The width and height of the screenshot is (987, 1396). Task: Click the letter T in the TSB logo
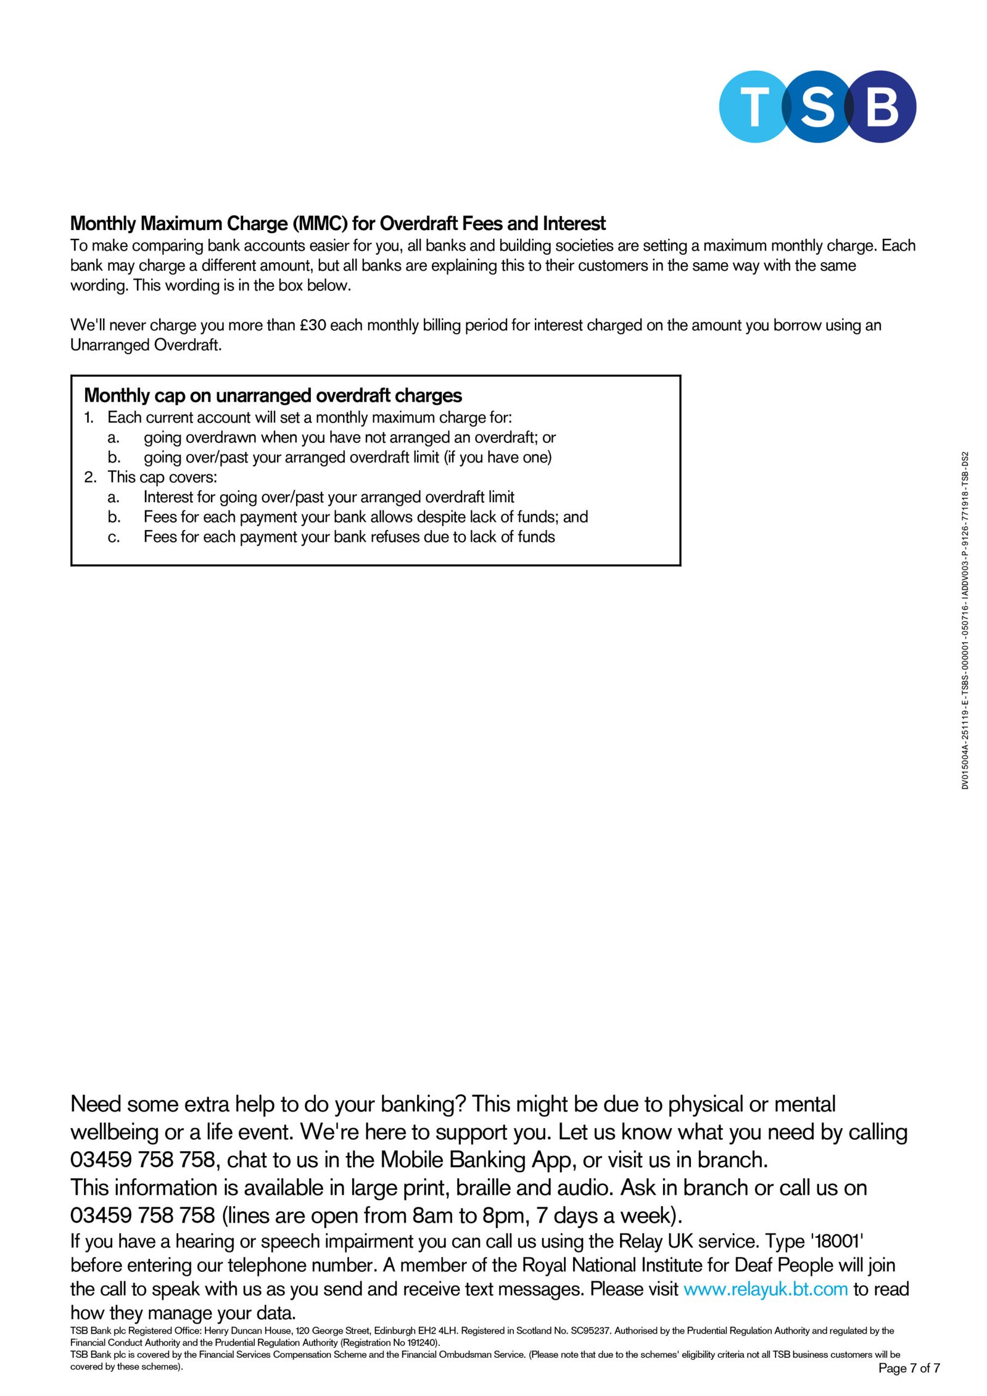[754, 106]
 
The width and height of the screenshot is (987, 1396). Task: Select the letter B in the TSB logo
[882, 106]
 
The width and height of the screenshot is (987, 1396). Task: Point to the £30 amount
[313, 325]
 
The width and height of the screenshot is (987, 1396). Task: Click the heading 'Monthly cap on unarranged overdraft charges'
[273, 395]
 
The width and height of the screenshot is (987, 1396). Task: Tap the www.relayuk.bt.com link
[766, 1289]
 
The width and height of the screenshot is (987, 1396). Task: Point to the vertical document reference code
[965, 620]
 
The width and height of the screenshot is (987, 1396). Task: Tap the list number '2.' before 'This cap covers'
[91, 477]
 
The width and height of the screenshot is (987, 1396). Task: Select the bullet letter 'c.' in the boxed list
[114, 537]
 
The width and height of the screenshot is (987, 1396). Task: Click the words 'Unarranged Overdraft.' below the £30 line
[146, 345]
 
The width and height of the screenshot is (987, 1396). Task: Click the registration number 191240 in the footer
[422, 1342]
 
